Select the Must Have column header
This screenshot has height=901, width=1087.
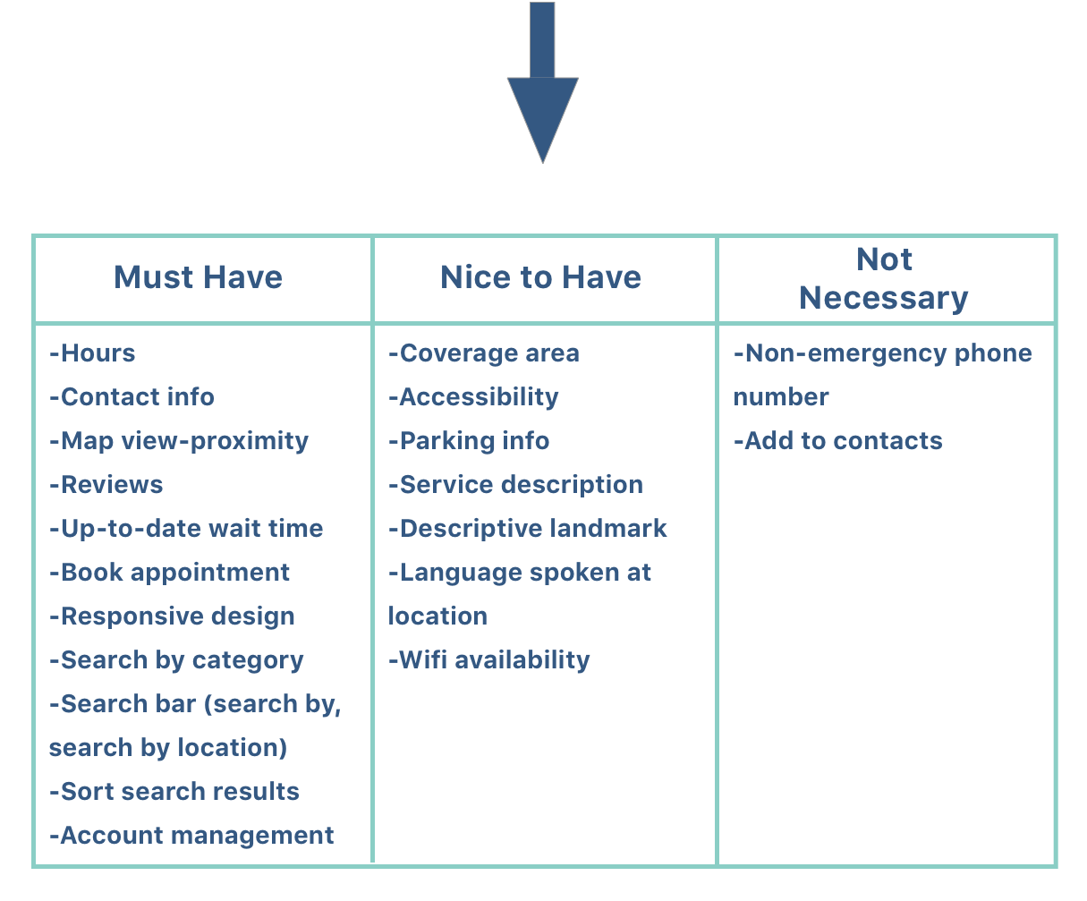point(198,277)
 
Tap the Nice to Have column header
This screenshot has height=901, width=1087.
point(540,277)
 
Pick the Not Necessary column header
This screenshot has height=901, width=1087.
point(884,278)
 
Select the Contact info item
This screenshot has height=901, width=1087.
point(132,397)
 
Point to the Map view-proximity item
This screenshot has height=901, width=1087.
point(179,441)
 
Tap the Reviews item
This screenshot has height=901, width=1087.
point(106,485)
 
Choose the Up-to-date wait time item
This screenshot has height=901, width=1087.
point(186,529)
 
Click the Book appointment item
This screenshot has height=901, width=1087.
point(169,573)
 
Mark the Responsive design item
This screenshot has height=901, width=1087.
point(172,616)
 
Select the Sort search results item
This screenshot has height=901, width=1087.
point(174,792)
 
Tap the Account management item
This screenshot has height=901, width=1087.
point(191,836)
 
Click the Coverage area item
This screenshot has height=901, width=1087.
point(484,353)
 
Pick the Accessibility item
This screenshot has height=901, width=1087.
point(473,397)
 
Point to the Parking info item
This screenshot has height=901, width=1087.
point(469,441)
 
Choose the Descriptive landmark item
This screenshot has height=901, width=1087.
point(528,529)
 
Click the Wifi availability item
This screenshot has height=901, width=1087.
point(489,660)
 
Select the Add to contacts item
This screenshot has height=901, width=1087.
point(838,441)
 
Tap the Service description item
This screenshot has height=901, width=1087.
point(516,485)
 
